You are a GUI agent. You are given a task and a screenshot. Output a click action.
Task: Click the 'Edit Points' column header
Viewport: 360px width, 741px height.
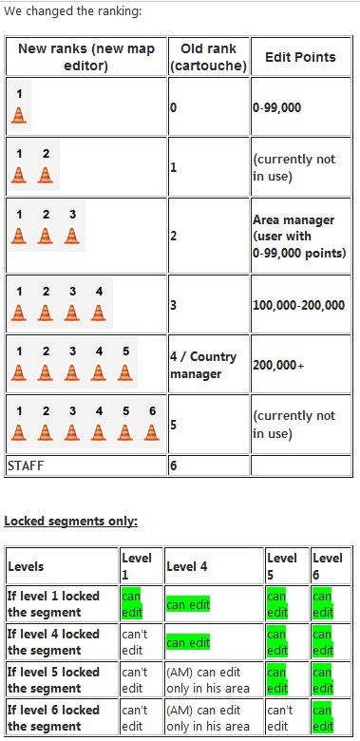pos(300,57)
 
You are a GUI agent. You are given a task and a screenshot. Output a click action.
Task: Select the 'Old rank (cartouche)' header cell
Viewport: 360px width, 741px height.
pos(208,57)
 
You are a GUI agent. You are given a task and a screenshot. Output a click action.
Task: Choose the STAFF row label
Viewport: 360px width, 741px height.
pos(26,465)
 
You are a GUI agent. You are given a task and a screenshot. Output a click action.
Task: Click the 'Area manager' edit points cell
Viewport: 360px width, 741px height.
pos(299,237)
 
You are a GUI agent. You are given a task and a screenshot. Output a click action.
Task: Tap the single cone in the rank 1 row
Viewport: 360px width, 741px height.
pos(19,115)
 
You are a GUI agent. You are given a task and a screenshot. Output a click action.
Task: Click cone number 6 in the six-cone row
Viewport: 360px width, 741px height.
pos(152,432)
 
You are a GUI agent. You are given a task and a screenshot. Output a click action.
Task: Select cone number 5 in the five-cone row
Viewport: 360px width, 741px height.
pos(125,372)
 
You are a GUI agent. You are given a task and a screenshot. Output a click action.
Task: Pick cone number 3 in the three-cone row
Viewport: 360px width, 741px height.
pos(72,236)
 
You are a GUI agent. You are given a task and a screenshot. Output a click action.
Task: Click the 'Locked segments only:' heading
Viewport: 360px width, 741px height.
pos(71,522)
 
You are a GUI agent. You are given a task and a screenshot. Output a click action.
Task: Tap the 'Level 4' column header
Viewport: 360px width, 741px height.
pos(186,566)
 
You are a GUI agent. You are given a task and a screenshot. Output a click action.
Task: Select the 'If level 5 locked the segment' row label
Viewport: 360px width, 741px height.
pos(53,680)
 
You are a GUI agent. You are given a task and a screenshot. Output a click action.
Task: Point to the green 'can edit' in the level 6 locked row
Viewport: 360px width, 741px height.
pos(323,718)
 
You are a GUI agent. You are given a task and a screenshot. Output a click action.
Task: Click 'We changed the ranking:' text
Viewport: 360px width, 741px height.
pos(73,11)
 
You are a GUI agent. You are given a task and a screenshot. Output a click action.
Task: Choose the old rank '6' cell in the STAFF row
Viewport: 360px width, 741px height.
pos(174,465)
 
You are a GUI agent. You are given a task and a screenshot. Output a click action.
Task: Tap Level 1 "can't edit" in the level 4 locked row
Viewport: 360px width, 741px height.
pos(134,642)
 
